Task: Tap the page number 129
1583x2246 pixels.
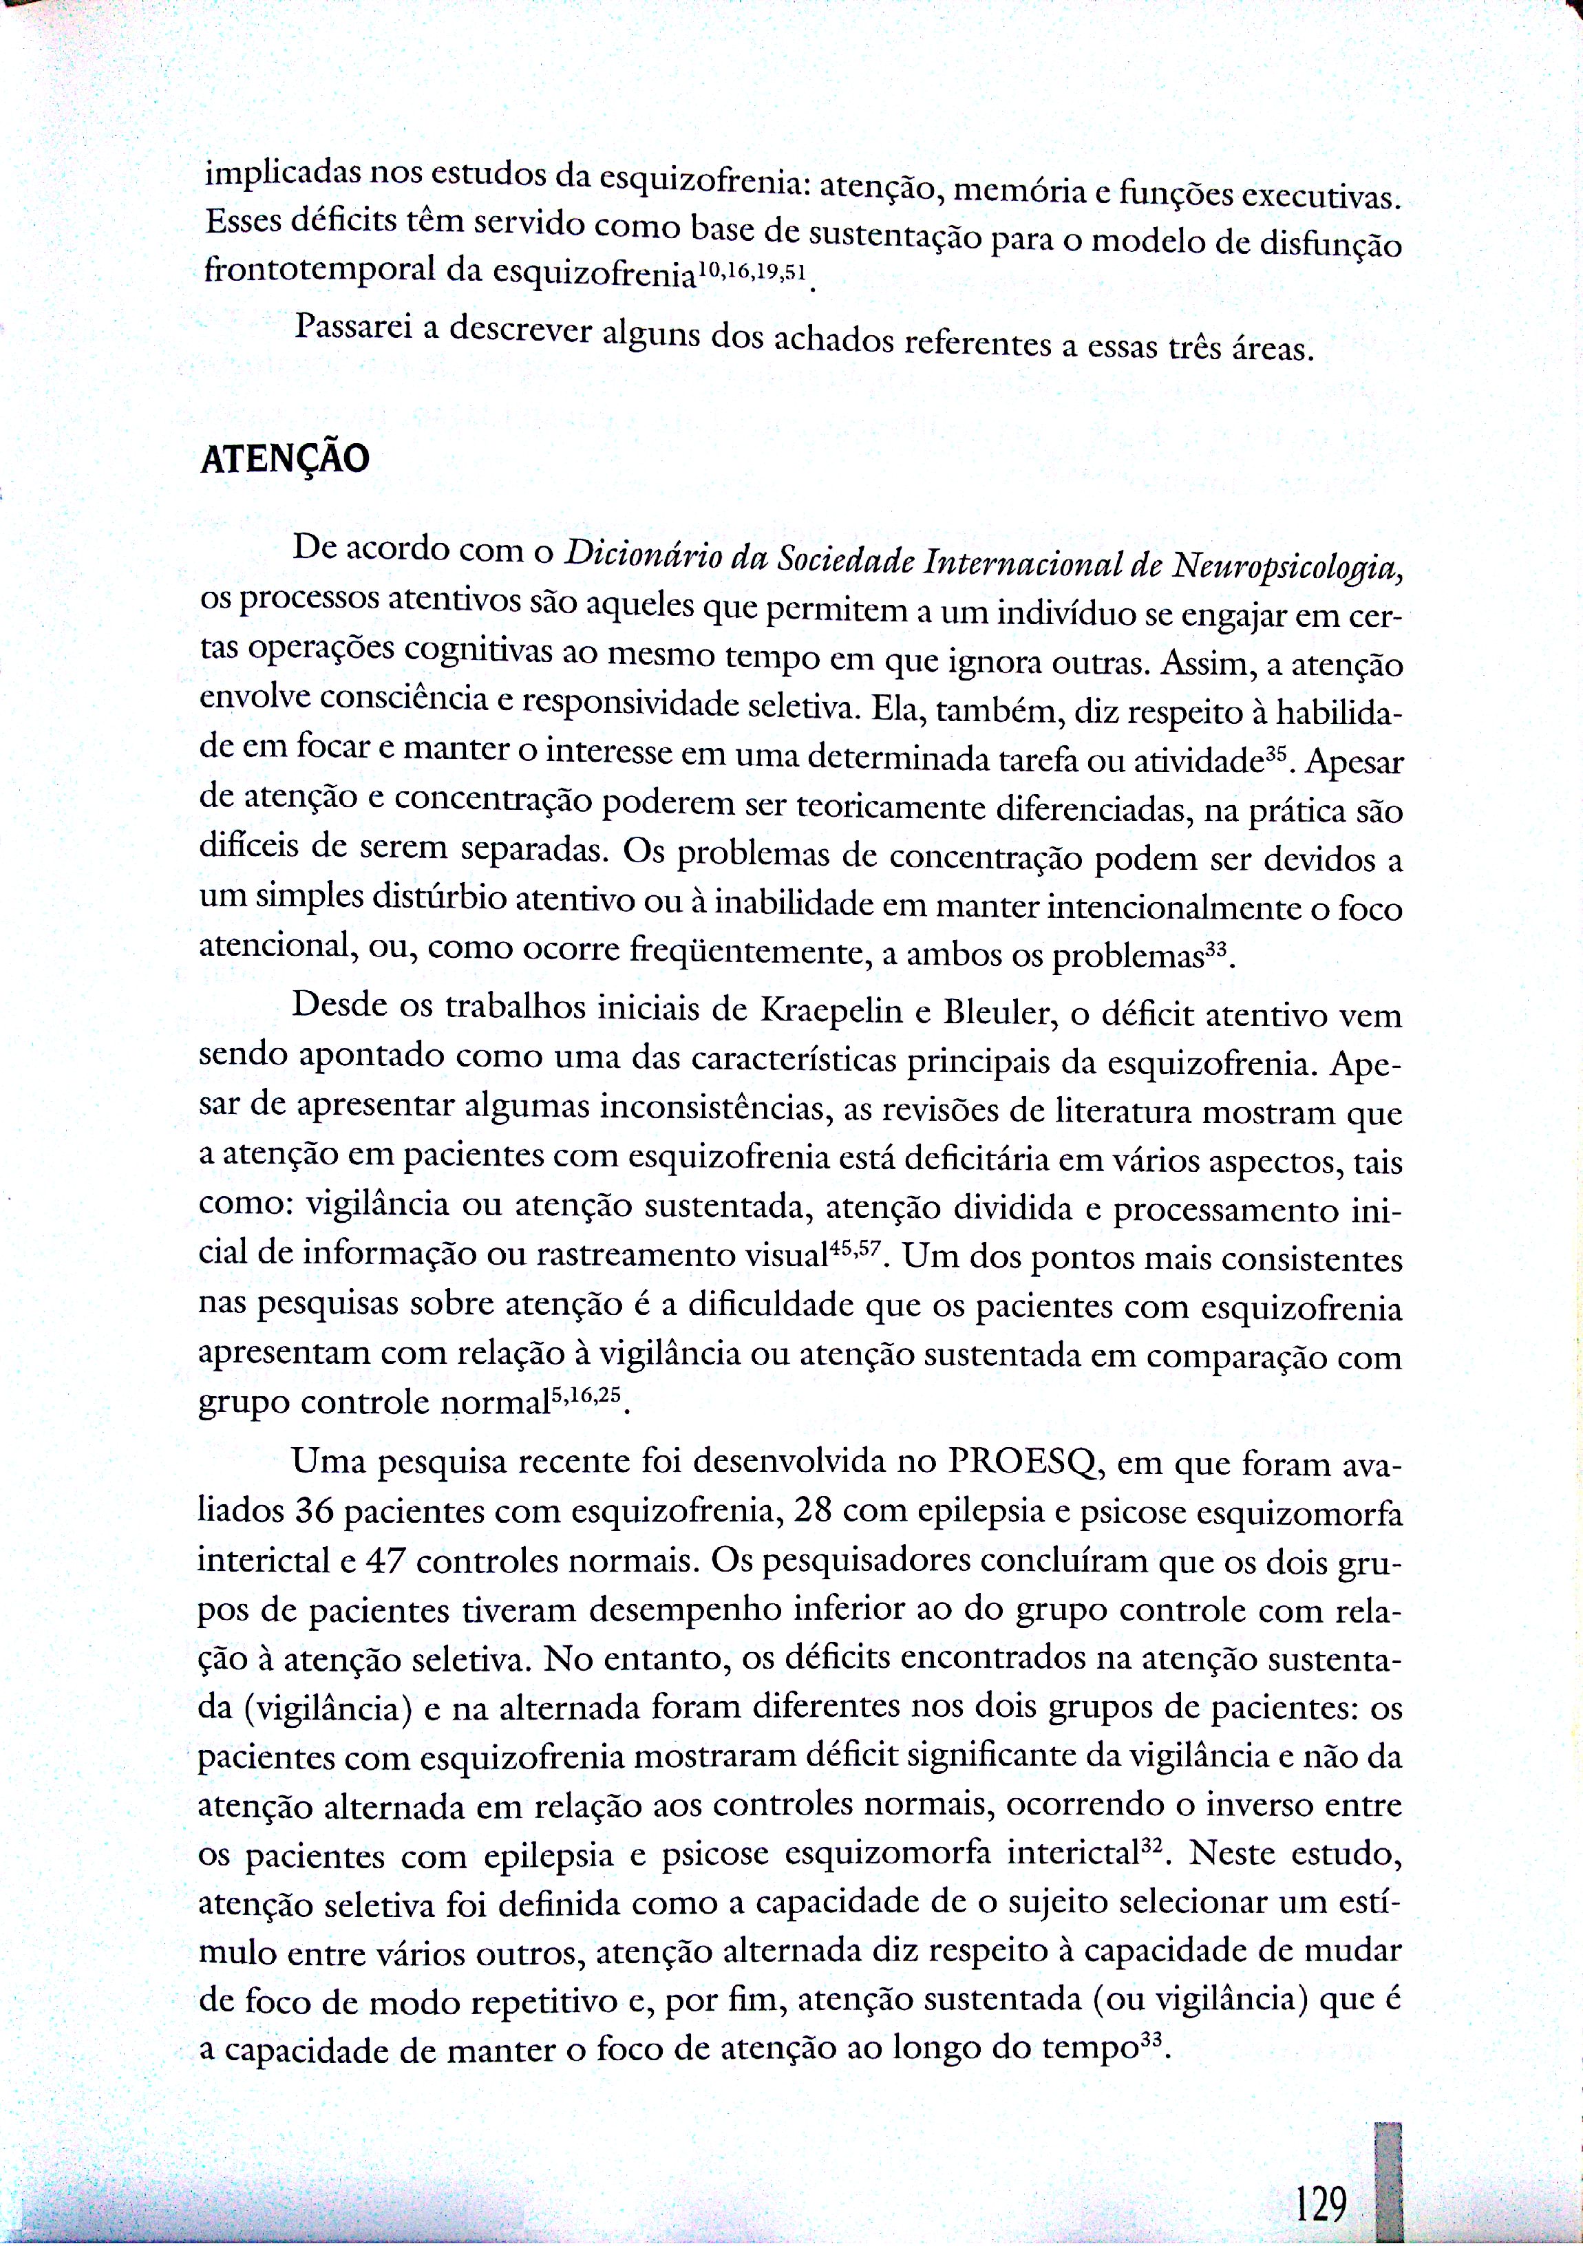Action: coord(1321,2177)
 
